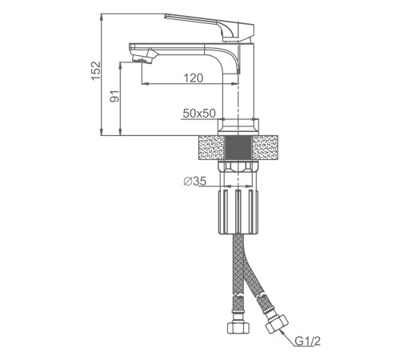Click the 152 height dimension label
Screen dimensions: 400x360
click(96, 70)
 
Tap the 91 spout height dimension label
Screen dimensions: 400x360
click(115, 96)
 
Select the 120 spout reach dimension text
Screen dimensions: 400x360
click(194, 78)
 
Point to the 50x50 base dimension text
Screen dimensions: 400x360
click(199, 114)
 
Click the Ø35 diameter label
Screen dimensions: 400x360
click(195, 182)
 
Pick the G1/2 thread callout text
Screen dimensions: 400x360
click(307, 341)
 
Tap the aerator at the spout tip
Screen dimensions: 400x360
click(142, 57)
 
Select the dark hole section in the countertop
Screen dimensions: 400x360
click(238, 148)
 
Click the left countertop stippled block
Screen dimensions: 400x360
click(212, 148)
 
